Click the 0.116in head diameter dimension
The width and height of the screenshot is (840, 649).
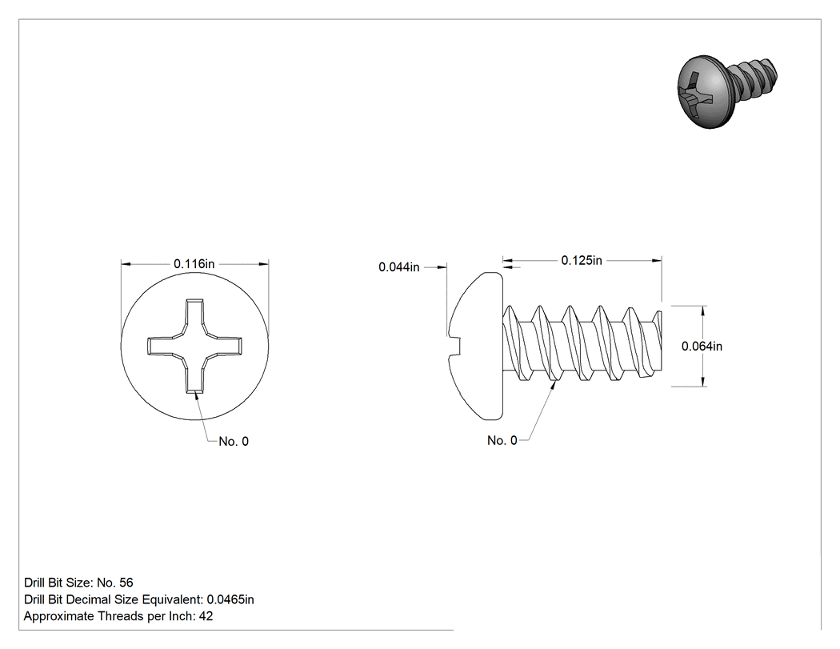coord(194,263)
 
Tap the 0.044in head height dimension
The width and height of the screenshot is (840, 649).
coord(398,267)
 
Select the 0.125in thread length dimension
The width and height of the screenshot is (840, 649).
coord(582,260)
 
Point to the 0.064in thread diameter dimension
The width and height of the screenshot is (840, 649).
coord(702,347)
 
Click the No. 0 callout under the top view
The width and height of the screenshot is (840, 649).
coord(234,442)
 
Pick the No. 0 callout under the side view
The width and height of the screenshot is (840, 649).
coord(502,440)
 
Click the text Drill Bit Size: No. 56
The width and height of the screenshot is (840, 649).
coord(78,583)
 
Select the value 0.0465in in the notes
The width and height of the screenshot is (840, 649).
coord(230,599)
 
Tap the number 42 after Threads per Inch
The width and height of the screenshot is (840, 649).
coord(206,616)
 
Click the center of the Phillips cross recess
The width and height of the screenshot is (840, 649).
coord(194,347)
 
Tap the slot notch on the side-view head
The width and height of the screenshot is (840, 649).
coord(455,347)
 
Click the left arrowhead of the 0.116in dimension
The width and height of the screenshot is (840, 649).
coord(126,263)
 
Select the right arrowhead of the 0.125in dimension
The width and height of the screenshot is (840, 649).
coord(657,260)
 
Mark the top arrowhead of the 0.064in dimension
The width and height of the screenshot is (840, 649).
coord(703,310)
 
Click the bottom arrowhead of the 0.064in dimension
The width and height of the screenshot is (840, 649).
coord(703,381)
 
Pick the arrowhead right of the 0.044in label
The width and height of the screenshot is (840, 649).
coord(442,267)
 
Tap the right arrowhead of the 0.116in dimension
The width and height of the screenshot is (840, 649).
coord(263,263)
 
